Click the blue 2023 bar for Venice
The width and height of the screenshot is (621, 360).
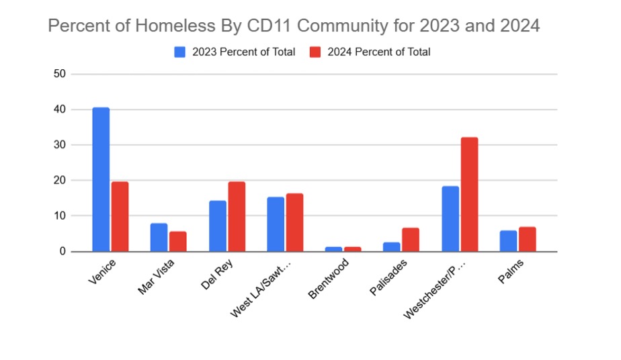101,179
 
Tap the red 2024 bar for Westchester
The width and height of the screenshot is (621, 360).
469,194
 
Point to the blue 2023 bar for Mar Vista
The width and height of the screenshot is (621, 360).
159,237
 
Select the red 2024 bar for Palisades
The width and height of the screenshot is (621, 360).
411,240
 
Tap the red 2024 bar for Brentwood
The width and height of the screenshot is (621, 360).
353,249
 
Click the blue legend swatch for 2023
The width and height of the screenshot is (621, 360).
180,52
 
